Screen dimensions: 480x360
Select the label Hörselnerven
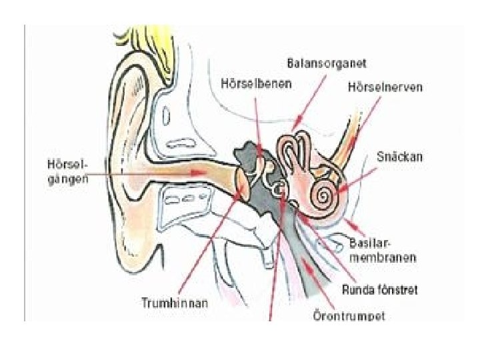pyautogui.click(x=385, y=87)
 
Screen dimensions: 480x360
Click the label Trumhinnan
pyautogui.click(x=175, y=302)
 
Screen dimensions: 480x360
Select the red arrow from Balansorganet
pyautogui.click(x=311, y=97)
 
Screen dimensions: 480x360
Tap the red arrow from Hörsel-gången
pyautogui.click(x=147, y=173)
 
